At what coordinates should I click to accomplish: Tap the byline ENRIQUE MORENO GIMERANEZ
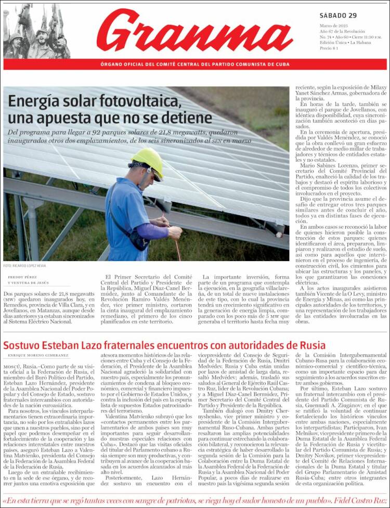pyautogui.click(x=38, y=355)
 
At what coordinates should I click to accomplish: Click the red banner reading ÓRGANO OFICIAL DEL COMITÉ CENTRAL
pyautogui.click(x=195, y=64)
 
